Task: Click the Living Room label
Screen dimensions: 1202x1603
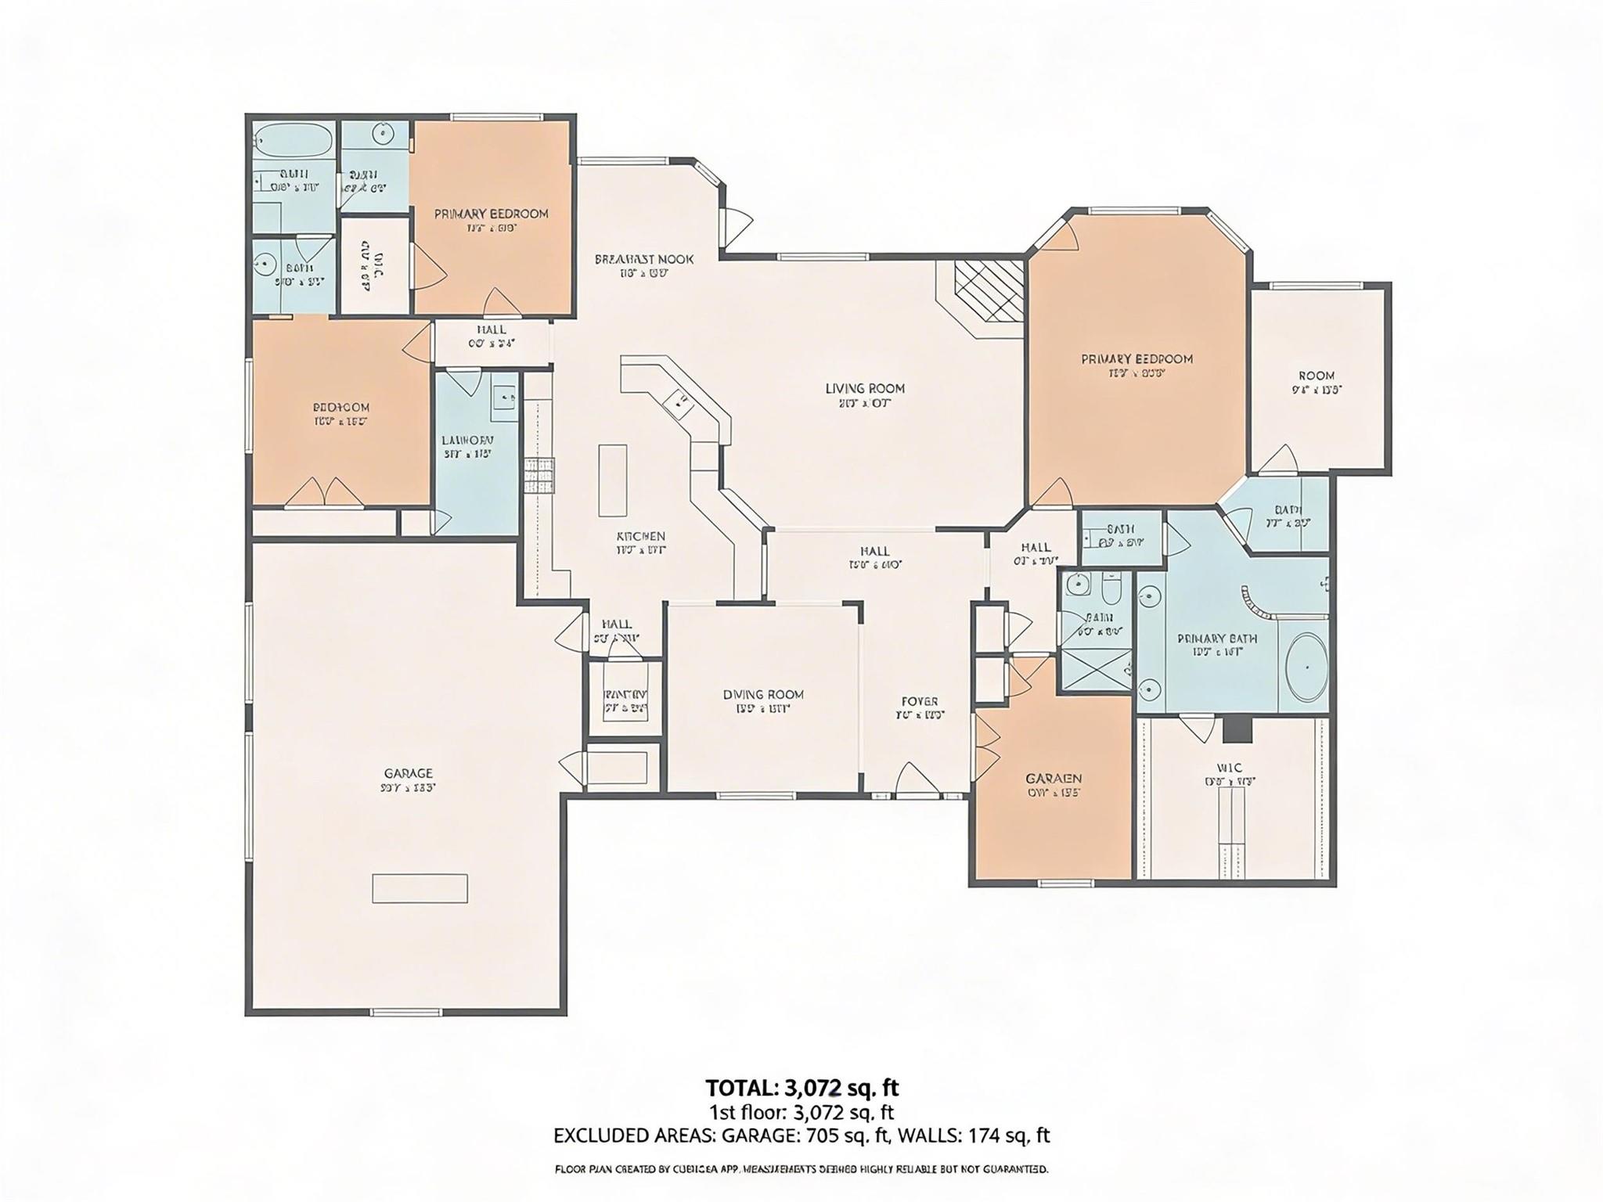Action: click(x=864, y=388)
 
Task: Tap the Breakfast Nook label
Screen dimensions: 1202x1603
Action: click(x=643, y=259)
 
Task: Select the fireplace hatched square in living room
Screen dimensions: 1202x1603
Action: click(x=989, y=290)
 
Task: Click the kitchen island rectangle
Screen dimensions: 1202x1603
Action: click(x=612, y=480)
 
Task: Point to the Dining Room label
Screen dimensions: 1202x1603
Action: click(x=762, y=694)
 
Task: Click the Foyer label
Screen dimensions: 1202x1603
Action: click(x=920, y=701)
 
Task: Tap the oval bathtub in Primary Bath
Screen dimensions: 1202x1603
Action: click(x=1306, y=668)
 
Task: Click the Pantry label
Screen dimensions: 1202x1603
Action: click(x=625, y=695)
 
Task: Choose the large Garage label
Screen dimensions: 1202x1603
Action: click(x=408, y=773)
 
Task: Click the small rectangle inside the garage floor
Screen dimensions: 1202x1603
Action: click(x=420, y=888)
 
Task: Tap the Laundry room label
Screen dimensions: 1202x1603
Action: click(x=467, y=440)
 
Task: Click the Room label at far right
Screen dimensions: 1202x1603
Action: click(x=1316, y=375)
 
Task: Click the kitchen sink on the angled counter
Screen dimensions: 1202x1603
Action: click(x=676, y=405)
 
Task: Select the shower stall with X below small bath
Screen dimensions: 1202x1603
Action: click(x=1095, y=670)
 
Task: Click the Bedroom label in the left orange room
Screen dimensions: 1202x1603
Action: click(x=340, y=407)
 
